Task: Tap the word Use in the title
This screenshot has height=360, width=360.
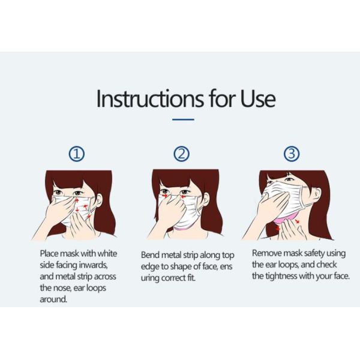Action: coord(256,98)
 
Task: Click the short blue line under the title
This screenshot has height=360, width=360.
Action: coord(183,119)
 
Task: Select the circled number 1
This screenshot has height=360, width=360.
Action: coord(76,154)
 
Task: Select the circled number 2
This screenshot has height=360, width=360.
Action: coord(181,154)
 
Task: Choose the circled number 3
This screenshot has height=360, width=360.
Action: coord(291,154)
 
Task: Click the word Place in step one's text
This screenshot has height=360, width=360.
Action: coord(50,254)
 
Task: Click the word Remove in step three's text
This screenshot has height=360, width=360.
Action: coord(266,253)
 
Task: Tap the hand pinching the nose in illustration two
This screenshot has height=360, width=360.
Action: coord(176,207)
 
